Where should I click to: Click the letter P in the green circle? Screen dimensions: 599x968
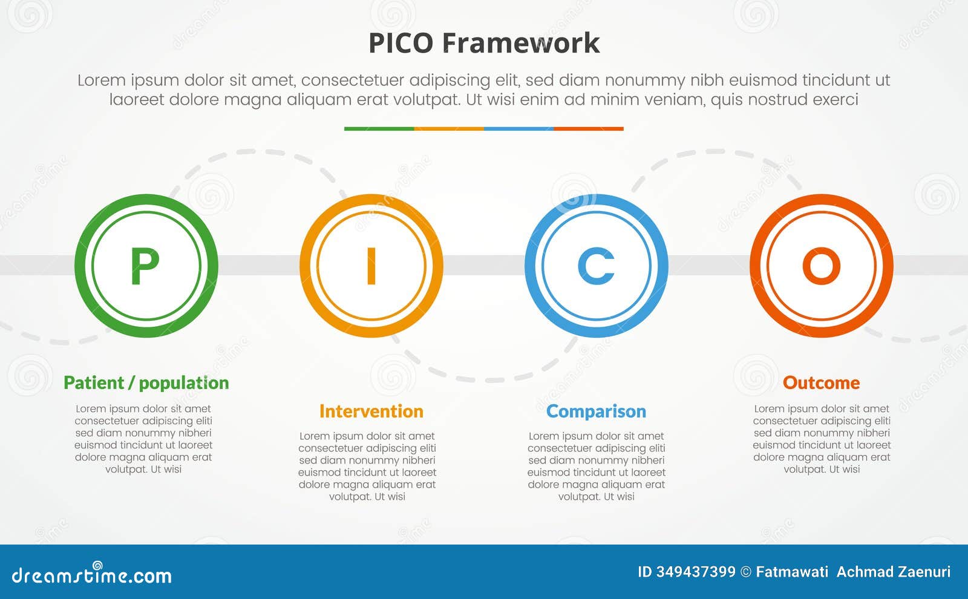click(145, 266)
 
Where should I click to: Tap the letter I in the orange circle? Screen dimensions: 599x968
click(371, 266)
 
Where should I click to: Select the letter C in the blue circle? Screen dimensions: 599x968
click(596, 266)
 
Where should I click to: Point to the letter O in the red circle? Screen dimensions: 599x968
click(821, 266)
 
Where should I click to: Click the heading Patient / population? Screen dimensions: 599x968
click(146, 383)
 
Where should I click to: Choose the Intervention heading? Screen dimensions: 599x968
click(371, 411)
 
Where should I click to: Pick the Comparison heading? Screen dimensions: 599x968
click(596, 411)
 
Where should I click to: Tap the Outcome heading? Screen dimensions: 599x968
click(821, 383)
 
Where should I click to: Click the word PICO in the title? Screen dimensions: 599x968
click(401, 44)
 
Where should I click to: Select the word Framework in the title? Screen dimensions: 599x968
click(521, 44)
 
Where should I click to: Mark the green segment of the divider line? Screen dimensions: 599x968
click(379, 129)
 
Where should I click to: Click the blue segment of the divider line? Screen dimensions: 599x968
click(518, 129)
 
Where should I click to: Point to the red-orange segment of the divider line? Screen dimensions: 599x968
click(589, 129)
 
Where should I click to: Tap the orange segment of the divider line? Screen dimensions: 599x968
click(449, 129)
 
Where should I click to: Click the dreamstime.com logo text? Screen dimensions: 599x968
click(91, 575)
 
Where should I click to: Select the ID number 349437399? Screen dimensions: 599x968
click(696, 572)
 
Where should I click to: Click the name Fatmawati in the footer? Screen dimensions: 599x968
click(792, 572)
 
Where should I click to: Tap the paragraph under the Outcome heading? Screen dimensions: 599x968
click(822, 439)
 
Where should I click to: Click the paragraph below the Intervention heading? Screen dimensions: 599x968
click(367, 466)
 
